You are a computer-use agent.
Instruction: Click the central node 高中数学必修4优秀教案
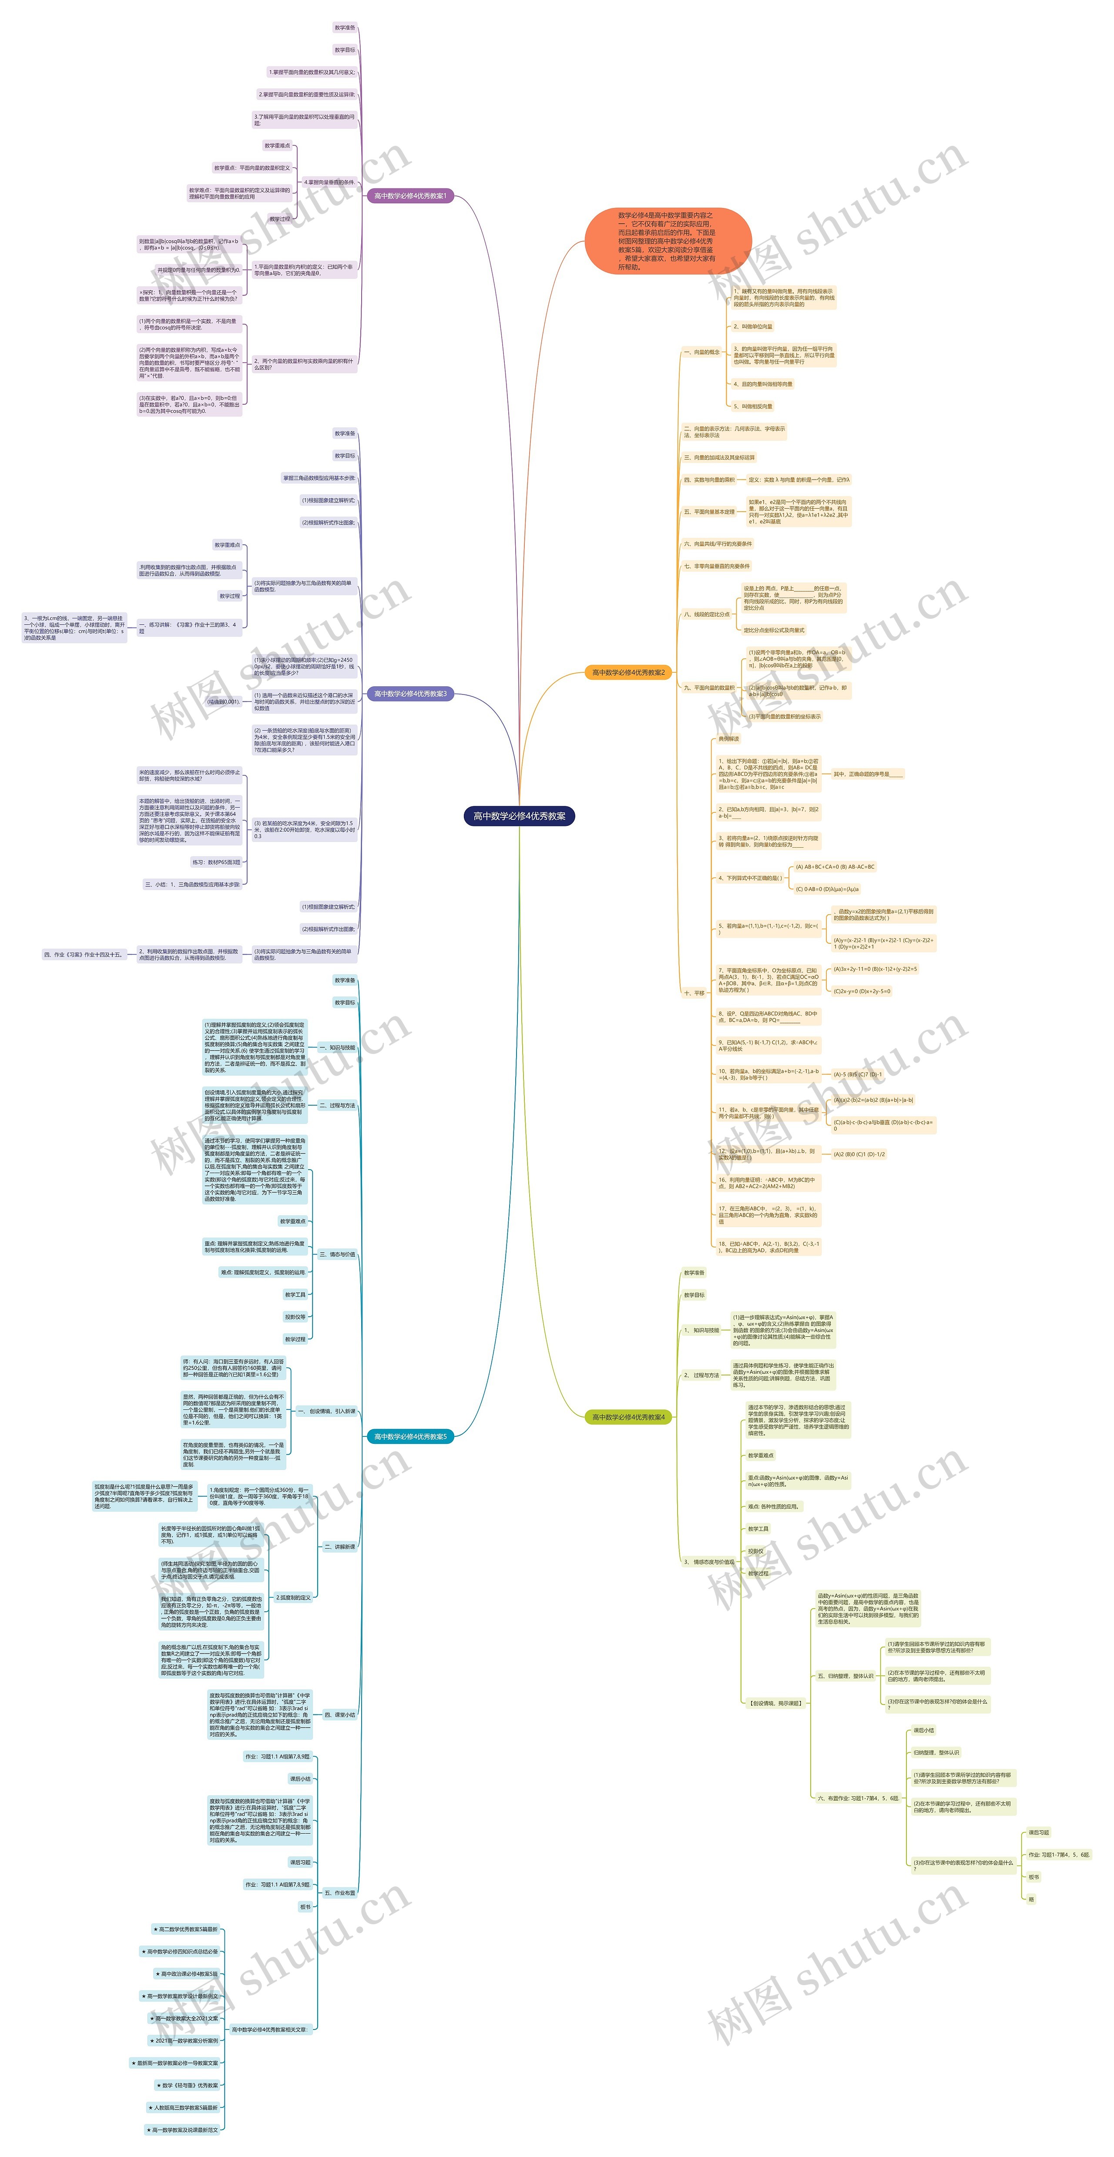click(519, 815)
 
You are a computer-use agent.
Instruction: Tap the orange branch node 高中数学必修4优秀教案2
click(628, 672)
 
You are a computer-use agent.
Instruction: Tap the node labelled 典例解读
click(729, 738)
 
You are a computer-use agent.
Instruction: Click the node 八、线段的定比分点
click(706, 614)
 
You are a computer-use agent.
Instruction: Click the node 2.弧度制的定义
click(293, 1597)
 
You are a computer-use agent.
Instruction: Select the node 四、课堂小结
click(340, 1707)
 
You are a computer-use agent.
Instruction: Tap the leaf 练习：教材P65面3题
click(216, 862)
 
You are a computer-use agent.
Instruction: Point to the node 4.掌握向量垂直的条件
click(329, 182)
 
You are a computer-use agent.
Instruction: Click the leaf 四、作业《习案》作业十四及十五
click(83, 954)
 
